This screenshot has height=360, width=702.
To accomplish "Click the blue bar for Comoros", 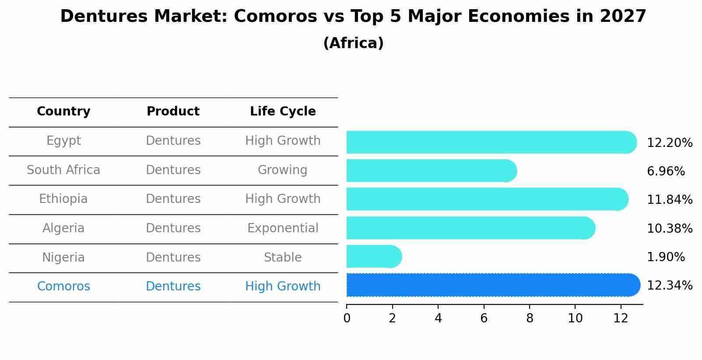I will point(492,285).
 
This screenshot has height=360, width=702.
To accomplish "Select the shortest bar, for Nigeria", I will point(373,256).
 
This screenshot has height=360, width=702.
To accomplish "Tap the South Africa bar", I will point(431,171).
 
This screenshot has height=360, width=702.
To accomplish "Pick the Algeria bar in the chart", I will point(470,228).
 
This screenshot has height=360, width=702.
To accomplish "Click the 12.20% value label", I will point(669,143).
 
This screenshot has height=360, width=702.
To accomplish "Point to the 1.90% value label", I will point(665,257).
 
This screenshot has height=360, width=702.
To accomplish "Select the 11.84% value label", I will point(669,200).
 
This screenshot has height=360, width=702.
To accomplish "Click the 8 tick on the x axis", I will point(530,318).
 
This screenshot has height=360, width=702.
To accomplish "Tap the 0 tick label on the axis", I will point(347,318).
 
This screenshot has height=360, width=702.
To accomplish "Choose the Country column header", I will point(63,112).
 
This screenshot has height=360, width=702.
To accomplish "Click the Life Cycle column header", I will point(283,112).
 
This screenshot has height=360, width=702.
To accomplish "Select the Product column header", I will point(173,112).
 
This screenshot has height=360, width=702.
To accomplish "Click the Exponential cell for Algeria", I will point(283,228).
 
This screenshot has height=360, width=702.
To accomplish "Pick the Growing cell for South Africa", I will point(282,170).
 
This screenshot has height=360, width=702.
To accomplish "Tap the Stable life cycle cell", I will point(283,258).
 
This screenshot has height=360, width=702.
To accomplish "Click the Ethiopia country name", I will point(63,199).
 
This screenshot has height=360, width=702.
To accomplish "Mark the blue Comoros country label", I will point(63,287).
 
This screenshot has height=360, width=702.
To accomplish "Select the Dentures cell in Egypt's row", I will point(173,141).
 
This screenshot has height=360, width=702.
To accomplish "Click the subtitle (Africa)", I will point(353,43).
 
